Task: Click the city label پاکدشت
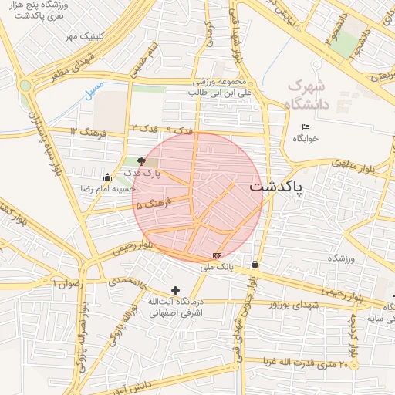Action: tap(276, 187)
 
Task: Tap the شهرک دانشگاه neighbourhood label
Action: tap(306, 93)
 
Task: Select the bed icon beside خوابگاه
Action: tap(306, 127)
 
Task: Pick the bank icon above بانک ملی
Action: tap(217, 255)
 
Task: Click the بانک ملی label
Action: tap(217, 268)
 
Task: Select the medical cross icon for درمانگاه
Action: tap(176, 290)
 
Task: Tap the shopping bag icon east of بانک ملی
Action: tap(255, 265)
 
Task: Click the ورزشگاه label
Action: tap(360, 259)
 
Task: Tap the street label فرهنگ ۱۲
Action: tap(84, 132)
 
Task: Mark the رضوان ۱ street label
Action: tap(65, 284)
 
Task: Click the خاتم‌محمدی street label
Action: tap(128, 281)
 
